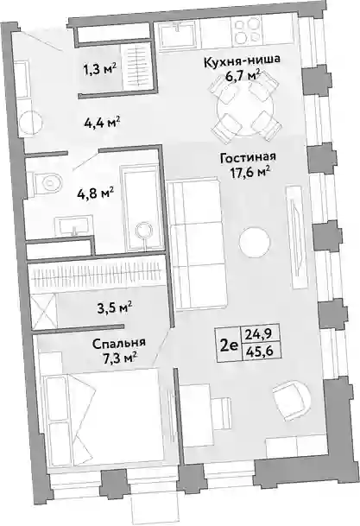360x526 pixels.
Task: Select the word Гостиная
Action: point(248,157)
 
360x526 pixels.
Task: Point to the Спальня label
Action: point(118,343)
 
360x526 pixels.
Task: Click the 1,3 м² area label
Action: point(99,70)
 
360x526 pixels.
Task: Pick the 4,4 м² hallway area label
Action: point(102,123)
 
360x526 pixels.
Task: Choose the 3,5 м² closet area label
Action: point(114,307)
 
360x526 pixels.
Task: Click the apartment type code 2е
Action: point(229,345)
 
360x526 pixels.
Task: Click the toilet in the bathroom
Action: point(47,183)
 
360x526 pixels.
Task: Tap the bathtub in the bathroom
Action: point(142,210)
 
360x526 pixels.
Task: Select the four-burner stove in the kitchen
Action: point(247,30)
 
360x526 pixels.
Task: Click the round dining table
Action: point(245,109)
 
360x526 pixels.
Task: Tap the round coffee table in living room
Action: point(255,242)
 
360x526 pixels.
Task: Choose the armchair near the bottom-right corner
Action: point(290,400)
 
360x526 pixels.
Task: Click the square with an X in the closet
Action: point(43,311)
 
